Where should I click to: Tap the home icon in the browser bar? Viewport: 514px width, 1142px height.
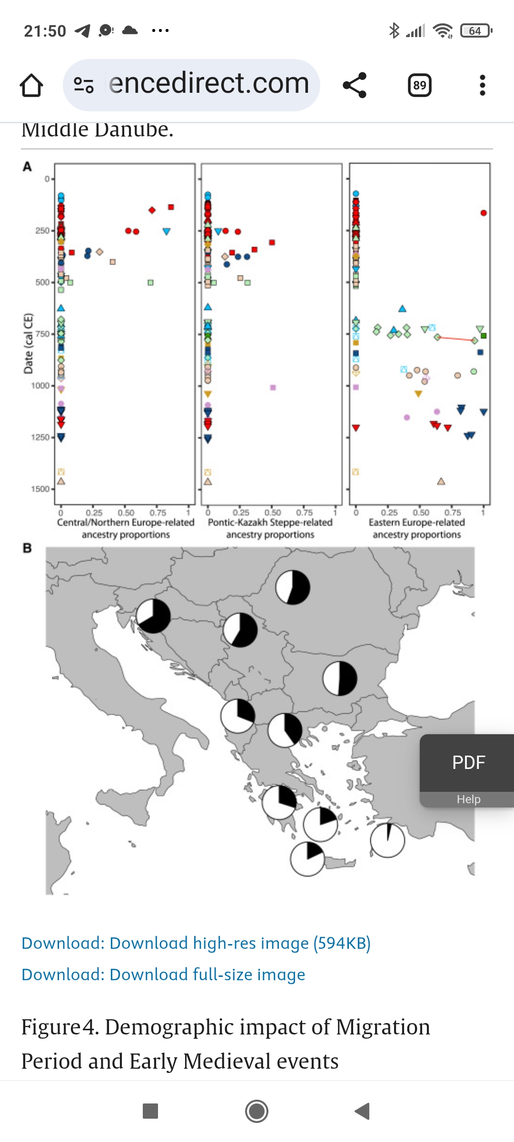point(31,86)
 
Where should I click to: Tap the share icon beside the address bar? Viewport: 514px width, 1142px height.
point(355,85)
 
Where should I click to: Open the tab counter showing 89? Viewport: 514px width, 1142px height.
point(419,85)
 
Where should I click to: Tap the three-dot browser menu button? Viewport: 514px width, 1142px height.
point(482,85)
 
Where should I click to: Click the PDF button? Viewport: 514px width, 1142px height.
point(468,763)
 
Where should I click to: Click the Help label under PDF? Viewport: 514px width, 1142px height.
point(468,799)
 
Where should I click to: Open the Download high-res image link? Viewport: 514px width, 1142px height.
point(196,943)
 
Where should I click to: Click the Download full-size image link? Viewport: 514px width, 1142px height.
point(163,975)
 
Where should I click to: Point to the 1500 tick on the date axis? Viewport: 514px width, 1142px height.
point(40,489)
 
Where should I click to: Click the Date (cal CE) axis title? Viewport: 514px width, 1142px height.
point(29,343)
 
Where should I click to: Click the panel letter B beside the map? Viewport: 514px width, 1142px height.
point(27,548)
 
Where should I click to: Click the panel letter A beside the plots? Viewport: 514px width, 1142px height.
point(27,167)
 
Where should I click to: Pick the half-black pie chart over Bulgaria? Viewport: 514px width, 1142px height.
point(339,678)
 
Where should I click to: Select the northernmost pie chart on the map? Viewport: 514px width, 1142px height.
point(293,587)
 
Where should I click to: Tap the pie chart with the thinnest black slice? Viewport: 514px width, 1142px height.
point(387,840)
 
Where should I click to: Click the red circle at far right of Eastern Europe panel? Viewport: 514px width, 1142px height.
point(484,213)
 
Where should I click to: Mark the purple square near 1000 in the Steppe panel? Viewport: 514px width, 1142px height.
point(273,388)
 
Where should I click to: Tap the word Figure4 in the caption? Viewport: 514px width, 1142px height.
point(60,1027)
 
